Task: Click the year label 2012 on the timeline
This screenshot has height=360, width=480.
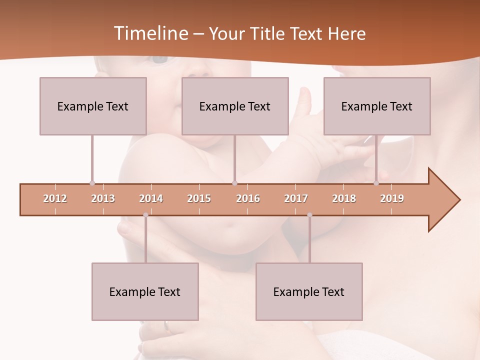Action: click(55, 198)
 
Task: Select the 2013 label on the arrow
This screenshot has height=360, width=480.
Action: click(103, 198)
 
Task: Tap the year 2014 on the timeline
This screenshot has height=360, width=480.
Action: click(151, 198)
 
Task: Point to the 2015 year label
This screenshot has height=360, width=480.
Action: click(199, 198)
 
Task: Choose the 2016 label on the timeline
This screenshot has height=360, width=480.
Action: click(248, 198)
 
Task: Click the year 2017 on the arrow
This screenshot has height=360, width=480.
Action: click(296, 198)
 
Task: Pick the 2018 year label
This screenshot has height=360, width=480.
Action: click(344, 198)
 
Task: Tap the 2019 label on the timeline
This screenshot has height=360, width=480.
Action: click(392, 198)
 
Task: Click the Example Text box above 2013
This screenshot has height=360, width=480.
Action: click(93, 106)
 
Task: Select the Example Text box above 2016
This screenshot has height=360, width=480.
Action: click(235, 106)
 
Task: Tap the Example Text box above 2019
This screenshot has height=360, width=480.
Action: click(377, 106)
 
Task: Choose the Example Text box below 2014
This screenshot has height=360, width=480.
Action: click(145, 291)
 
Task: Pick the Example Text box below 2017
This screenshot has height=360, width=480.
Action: click(309, 291)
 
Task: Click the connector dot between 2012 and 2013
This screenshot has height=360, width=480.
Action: click(92, 183)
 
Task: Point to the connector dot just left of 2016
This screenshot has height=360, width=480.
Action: click(235, 183)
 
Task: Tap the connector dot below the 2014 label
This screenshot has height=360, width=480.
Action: click(145, 215)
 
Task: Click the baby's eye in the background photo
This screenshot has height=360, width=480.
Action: click(160, 59)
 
